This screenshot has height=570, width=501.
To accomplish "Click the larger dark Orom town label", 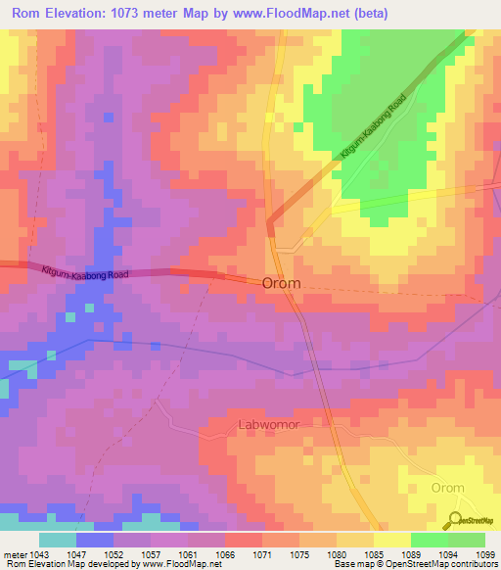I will tap(282, 282).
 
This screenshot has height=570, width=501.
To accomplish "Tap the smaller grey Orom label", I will tap(448, 488).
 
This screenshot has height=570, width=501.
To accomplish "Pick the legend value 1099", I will tap(485, 553).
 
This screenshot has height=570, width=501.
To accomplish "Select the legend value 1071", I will tap(263, 553).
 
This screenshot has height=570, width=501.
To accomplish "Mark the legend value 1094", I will tap(449, 553).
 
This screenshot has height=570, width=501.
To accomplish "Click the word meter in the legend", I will tap(12, 553).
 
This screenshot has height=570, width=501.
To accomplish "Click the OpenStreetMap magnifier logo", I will tap(456, 520).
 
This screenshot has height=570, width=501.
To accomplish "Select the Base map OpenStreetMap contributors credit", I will tap(416, 564).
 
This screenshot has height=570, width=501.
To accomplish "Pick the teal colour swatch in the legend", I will tap(58, 540).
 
